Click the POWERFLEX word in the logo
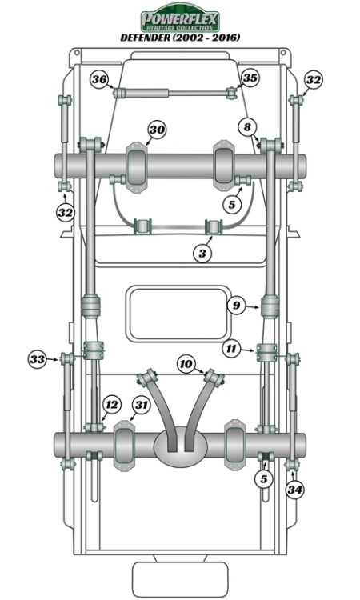(x=180, y=17)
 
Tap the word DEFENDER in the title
(x=150, y=38)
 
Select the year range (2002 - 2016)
(x=210, y=38)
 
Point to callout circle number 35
(x=250, y=78)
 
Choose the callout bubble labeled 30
(x=157, y=130)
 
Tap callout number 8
(x=247, y=126)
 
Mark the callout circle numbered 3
(x=204, y=252)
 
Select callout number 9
(x=236, y=305)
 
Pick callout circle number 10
(x=186, y=365)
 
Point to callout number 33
(x=37, y=359)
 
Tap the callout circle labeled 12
(x=113, y=404)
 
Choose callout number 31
(x=141, y=406)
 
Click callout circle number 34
(x=295, y=489)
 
